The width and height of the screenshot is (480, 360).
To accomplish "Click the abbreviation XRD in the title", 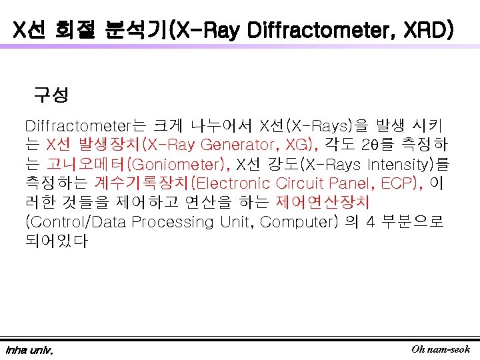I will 427,30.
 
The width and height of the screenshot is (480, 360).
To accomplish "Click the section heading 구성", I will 51,95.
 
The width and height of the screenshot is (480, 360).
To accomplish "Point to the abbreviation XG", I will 297,145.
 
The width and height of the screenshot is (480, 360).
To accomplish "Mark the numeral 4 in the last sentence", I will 371,222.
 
